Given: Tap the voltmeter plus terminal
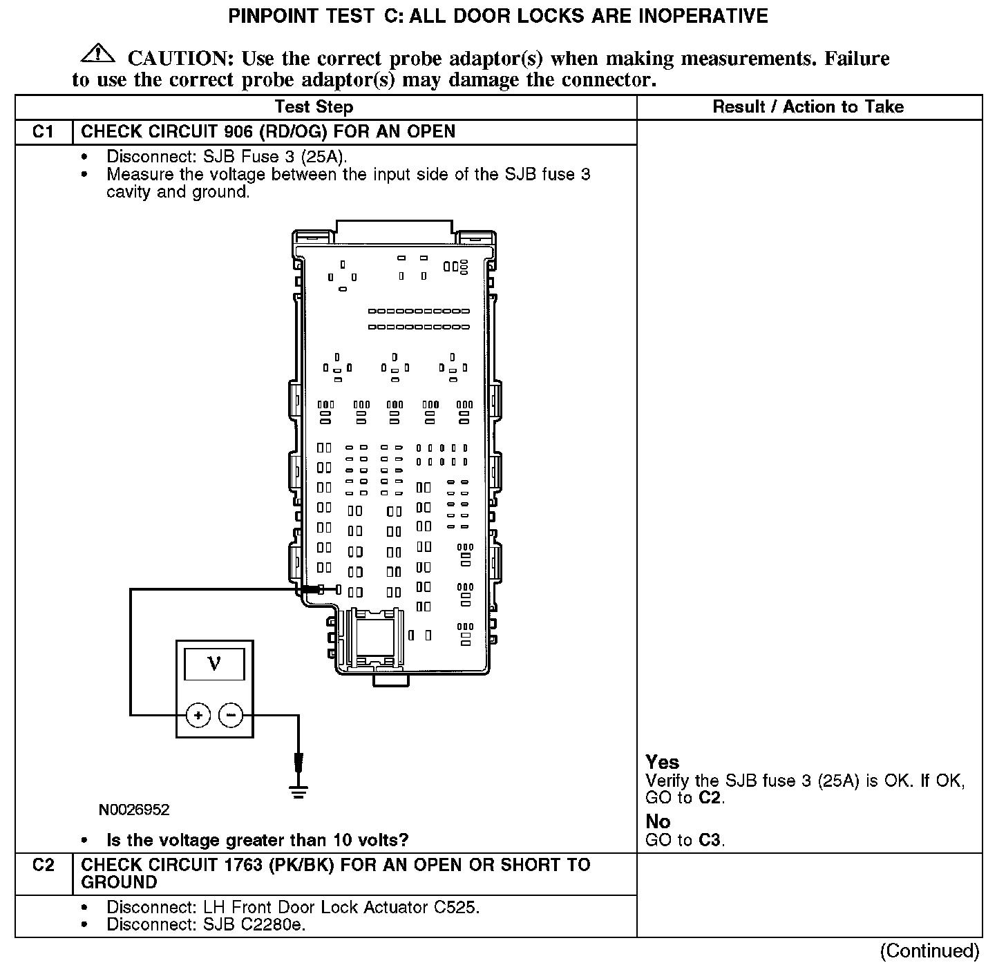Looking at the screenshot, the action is coord(198,715).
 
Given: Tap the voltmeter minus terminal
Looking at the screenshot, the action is coord(231,715).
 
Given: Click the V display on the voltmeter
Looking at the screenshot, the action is coord(214,664).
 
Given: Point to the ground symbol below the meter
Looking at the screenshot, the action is coord(298,791).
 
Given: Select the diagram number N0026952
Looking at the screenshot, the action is coord(133,810).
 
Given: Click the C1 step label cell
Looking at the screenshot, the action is coord(43,131).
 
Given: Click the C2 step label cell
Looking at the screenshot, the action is coord(43,865).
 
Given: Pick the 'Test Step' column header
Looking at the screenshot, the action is coord(314,107).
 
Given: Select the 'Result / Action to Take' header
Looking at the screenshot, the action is coord(808,107).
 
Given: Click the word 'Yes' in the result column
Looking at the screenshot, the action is coord(662,762).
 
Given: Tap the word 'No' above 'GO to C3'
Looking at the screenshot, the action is coord(658,821).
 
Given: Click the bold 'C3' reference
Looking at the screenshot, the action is coord(710,841).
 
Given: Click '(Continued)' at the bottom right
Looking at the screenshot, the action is coord(929,951).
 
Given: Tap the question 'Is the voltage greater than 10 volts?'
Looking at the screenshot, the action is coord(257,841).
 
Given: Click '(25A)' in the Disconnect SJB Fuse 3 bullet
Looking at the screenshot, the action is coord(322,157).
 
